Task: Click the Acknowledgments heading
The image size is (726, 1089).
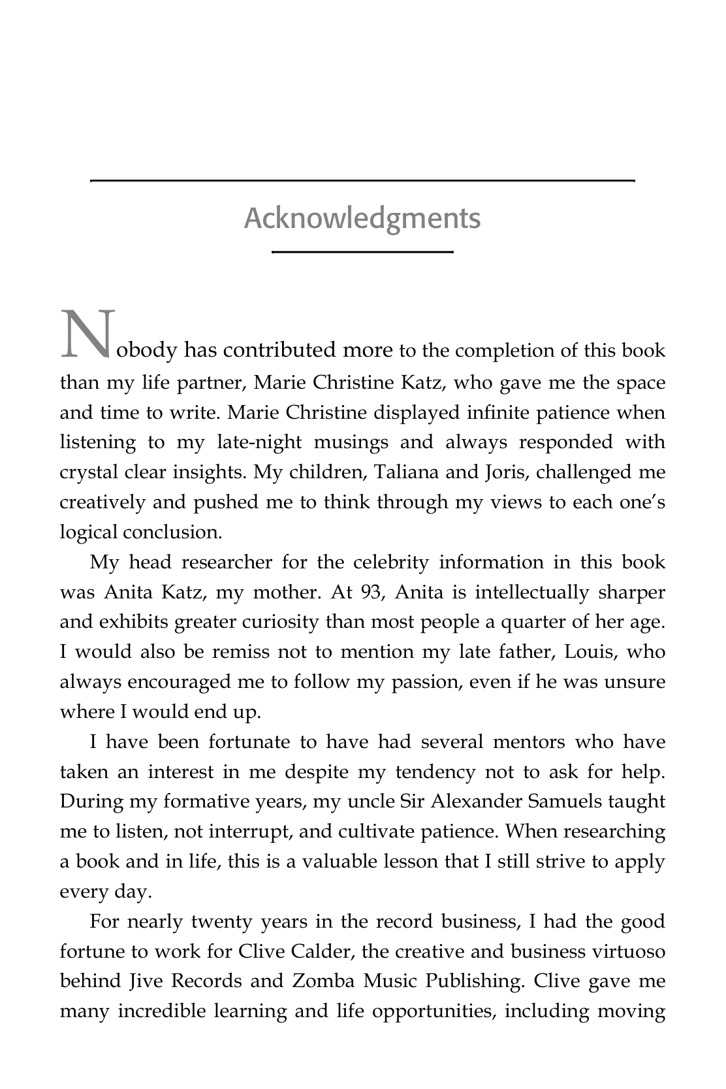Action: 362,218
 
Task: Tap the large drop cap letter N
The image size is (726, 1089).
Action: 87,335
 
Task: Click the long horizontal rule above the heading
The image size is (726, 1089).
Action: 362,180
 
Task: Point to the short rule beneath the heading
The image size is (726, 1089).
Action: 362,252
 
